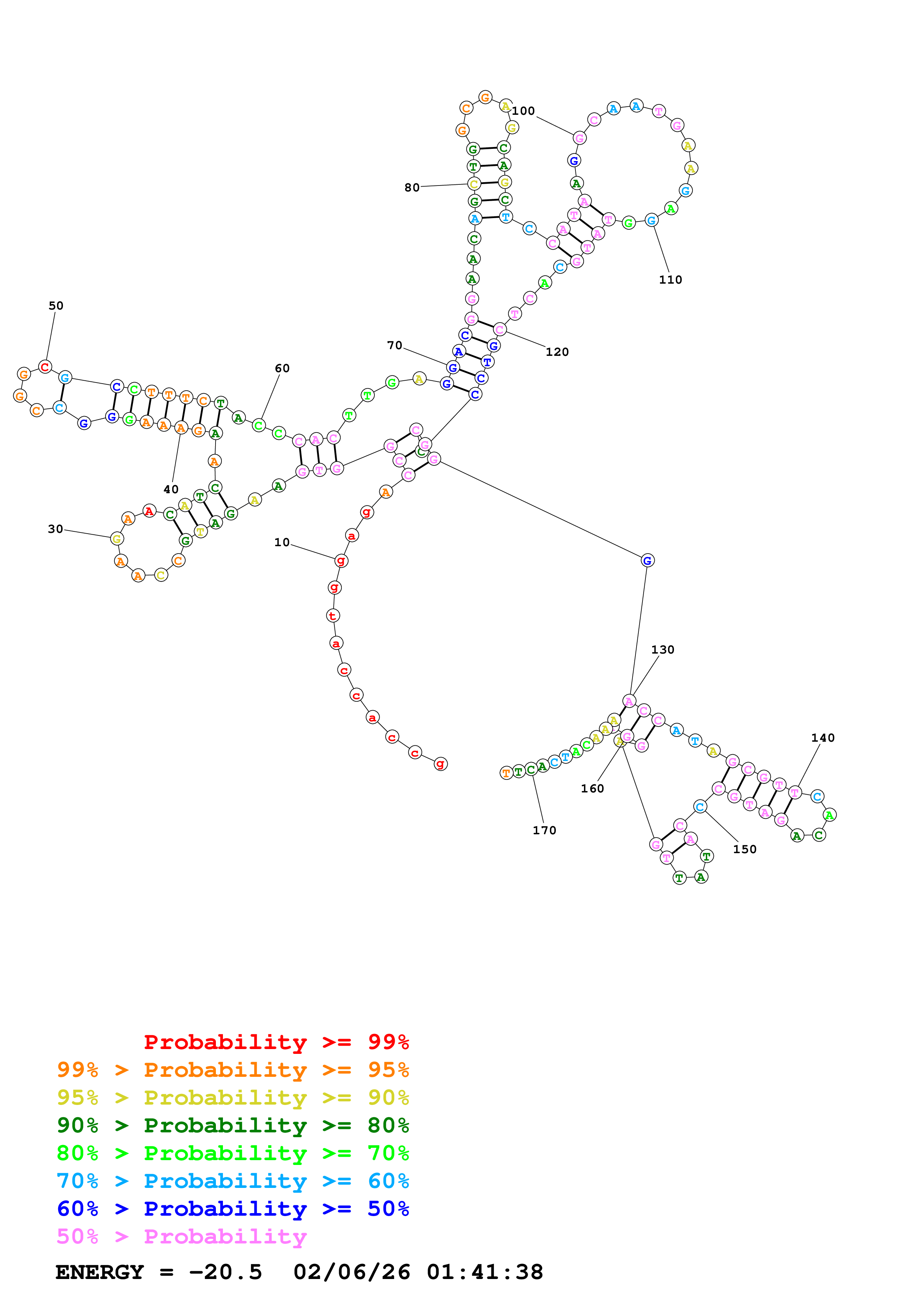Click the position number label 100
pyautogui.click(x=523, y=111)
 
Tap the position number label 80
pyautogui.click(x=412, y=187)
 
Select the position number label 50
pyautogui.click(x=56, y=305)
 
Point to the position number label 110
pyautogui.click(x=670, y=280)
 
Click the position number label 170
pyautogui.click(x=544, y=830)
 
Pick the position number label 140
pyautogui.click(x=822, y=738)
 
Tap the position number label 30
pyautogui.click(x=56, y=529)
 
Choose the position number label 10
pyautogui.click(x=282, y=542)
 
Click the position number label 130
pyautogui.click(x=662, y=649)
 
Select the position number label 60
pyautogui.click(x=282, y=368)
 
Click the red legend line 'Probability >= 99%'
pyautogui.click(x=276, y=1042)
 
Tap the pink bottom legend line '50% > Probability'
pyautogui.click(x=181, y=1236)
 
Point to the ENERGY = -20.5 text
pyautogui.click(x=158, y=1272)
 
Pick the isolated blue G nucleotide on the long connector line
pyautogui.click(x=647, y=560)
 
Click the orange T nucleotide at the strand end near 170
pyautogui.click(x=506, y=772)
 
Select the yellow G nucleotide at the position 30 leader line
pyautogui.click(x=117, y=539)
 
